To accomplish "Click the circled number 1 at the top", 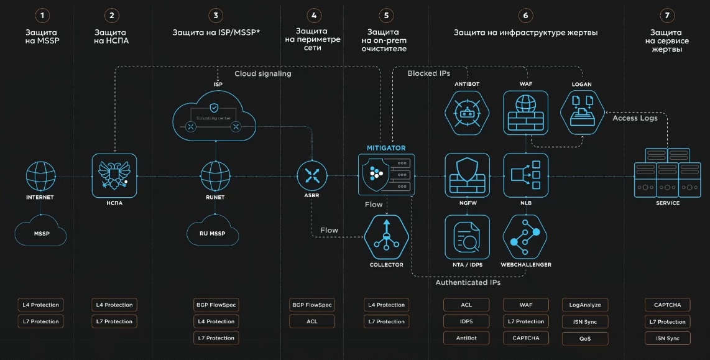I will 42,15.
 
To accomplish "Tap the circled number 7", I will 666,15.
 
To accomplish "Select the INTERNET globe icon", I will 40,177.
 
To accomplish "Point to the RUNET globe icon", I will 215,177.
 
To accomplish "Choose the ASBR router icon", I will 311,176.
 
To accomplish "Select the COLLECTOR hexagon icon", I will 386,237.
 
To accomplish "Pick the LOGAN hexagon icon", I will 581,112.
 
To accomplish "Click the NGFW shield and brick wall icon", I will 466,175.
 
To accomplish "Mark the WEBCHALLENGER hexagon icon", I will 525,237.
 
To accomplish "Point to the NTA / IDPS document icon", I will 466,237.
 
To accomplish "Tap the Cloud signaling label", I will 262,74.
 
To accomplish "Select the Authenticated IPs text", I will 468,282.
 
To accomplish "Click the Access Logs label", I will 635,118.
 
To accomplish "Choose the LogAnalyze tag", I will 585,305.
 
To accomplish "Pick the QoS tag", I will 585,339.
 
